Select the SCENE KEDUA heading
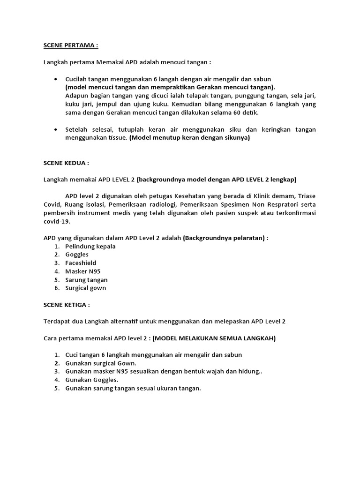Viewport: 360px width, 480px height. pyautogui.click(x=66, y=164)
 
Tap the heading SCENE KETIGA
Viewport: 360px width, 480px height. pyautogui.click(x=67, y=305)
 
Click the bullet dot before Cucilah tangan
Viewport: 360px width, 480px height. pyautogui.click(x=56, y=79)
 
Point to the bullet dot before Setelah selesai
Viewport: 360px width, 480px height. pyautogui.click(x=56, y=129)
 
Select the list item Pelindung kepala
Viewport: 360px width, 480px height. pyautogui.click(x=90, y=246)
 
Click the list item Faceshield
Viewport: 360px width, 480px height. pyautogui.click(x=81, y=263)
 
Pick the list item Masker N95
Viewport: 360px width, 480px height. pyautogui.click(x=82, y=271)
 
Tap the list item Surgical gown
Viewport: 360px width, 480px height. pyautogui.click(x=85, y=288)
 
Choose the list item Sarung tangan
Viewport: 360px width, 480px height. pyautogui.click(x=86, y=280)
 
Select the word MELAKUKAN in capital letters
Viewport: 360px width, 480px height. pyautogui.click(x=196, y=338)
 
